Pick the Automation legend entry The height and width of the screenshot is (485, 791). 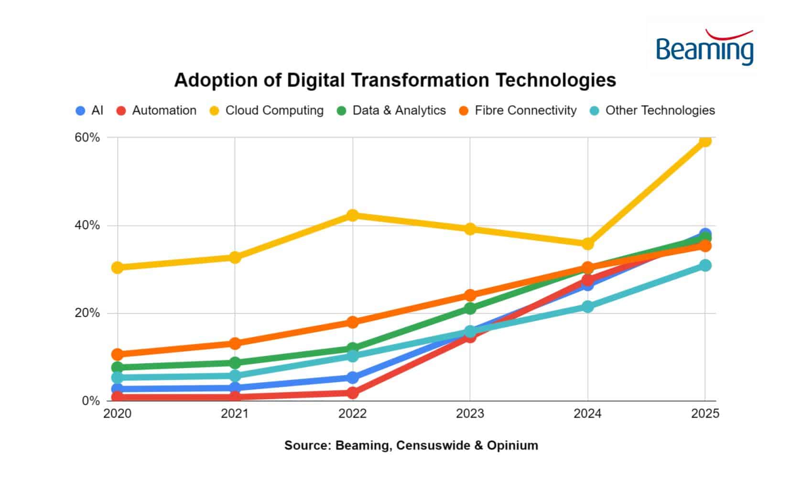point(156,110)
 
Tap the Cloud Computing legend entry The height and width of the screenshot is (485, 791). point(267,110)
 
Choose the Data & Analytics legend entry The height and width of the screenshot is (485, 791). point(391,110)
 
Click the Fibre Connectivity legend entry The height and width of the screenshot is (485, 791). point(518,110)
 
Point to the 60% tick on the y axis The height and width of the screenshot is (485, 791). point(87,138)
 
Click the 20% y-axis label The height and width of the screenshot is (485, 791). point(87,313)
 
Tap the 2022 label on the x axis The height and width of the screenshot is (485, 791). point(352,413)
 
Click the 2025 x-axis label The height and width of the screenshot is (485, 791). point(705,413)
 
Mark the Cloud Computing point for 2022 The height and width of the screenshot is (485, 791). point(353,215)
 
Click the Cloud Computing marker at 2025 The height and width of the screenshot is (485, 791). point(705,140)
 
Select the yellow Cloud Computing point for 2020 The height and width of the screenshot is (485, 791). point(118,267)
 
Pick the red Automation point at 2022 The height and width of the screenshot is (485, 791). point(353,393)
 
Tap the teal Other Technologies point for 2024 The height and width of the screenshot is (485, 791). point(587,306)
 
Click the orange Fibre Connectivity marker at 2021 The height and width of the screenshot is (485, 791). point(235,343)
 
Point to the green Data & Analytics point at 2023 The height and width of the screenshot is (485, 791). point(470,308)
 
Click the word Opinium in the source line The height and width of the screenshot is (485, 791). point(512,445)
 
